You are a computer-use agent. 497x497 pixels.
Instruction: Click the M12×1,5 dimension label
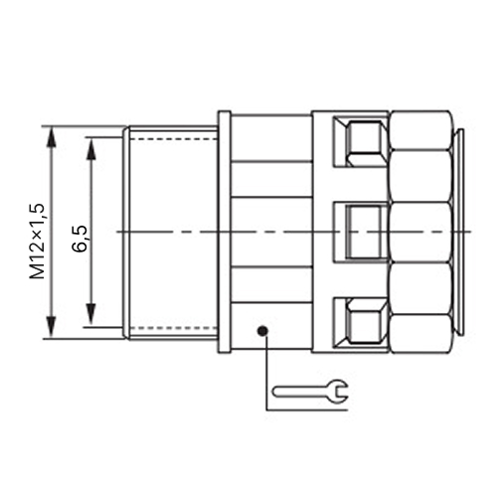click(37, 241)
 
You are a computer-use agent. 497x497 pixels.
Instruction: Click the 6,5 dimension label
click(81, 239)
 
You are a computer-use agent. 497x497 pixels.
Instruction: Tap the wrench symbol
click(310, 392)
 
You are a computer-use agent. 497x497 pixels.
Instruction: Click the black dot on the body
click(263, 330)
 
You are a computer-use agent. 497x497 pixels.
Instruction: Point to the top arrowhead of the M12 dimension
click(51, 137)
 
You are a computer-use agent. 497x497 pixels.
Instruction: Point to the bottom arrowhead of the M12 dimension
click(51, 327)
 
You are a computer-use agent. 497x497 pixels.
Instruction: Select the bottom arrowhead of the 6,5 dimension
click(90, 315)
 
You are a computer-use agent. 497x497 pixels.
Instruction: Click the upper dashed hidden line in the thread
click(174, 139)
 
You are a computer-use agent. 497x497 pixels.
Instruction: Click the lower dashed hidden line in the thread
click(174, 328)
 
